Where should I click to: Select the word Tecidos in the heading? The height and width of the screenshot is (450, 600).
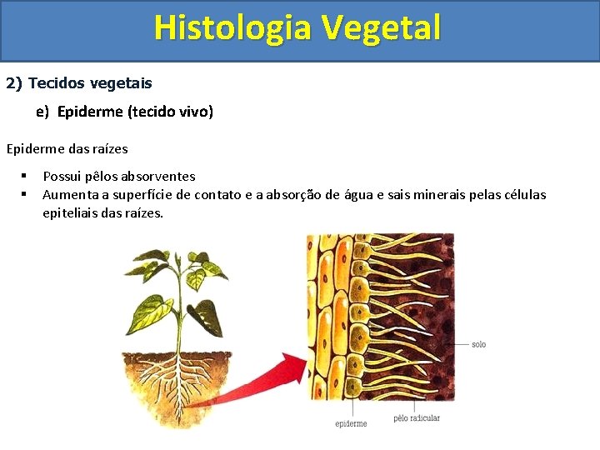(55, 83)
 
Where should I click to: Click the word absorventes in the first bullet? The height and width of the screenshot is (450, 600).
(158, 176)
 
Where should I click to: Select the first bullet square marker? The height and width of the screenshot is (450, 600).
(26, 176)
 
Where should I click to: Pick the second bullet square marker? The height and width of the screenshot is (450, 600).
(26, 194)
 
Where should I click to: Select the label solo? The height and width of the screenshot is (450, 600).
(478, 344)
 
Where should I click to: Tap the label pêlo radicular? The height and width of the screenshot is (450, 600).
(417, 417)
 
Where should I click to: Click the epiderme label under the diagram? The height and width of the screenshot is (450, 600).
(351, 423)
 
